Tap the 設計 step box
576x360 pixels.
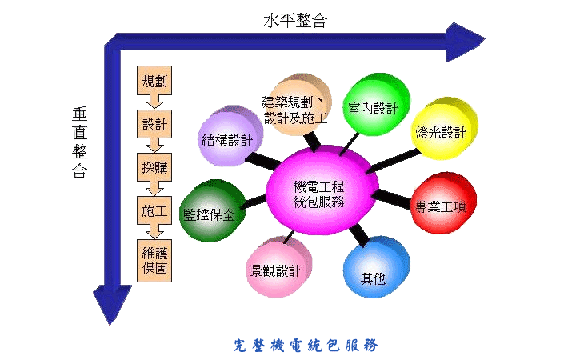tap(154, 126)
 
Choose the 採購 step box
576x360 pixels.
tap(154, 169)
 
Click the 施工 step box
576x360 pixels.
tap(154, 213)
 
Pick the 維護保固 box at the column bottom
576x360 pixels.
tap(154, 261)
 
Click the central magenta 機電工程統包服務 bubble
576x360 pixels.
tap(319, 193)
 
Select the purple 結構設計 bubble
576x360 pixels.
tap(227, 138)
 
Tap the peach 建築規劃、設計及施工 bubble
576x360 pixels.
tap(294, 110)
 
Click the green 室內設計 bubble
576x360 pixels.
tap(373, 107)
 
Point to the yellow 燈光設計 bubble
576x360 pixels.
tap(441, 132)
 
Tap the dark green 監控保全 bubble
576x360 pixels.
tap(208, 213)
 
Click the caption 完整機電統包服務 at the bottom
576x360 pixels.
tap(305, 345)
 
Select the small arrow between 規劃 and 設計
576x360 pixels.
tap(154, 102)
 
